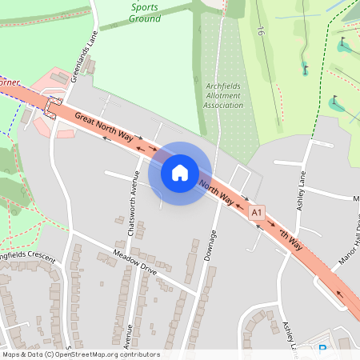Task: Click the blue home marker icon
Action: [180, 173]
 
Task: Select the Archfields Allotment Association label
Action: [222, 96]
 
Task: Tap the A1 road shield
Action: [257, 213]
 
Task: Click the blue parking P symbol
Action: [323, 348]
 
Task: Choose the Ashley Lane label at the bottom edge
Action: [290, 337]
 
